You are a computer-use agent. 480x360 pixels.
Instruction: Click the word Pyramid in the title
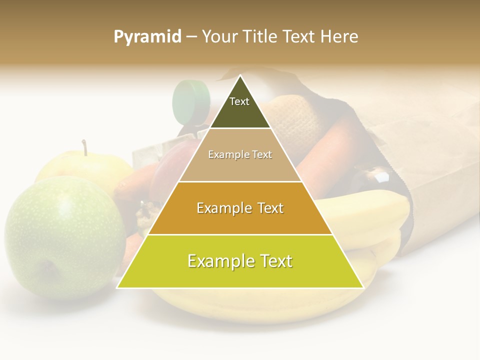(147, 37)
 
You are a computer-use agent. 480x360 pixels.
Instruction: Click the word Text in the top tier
(239, 101)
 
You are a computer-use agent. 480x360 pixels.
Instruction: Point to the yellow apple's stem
(85, 147)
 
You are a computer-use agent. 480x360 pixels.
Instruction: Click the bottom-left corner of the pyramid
(117, 287)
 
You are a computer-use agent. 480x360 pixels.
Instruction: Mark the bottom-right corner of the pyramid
(363, 287)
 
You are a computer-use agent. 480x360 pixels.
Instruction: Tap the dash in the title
(191, 37)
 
